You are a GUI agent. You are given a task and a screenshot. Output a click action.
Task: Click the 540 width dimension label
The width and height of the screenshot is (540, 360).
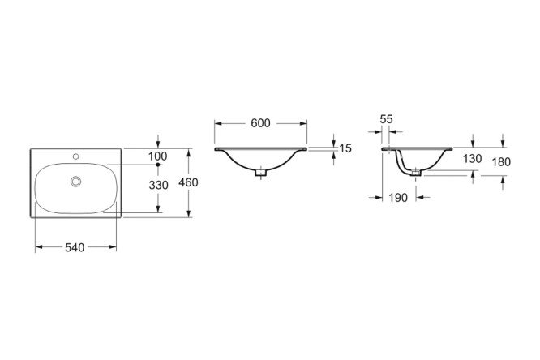(x=75, y=247)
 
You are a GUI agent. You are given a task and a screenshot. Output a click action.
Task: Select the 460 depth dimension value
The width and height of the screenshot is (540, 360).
(x=188, y=182)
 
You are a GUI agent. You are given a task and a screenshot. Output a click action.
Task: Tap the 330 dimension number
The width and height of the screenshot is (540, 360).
(x=158, y=186)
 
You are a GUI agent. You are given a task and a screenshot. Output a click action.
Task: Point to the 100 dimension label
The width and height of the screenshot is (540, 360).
(x=158, y=156)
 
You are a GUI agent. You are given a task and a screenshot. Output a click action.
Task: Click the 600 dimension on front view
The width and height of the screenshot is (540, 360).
(x=261, y=123)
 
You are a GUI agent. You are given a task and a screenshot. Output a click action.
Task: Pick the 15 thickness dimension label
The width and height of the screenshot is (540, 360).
(x=345, y=148)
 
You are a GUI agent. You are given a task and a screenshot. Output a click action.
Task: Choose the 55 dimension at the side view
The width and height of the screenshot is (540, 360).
(x=386, y=119)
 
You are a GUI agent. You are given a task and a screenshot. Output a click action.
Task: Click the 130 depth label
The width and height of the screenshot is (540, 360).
(x=472, y=159)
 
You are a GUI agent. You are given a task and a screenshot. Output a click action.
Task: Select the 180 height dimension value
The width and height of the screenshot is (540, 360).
(x=501, y=162)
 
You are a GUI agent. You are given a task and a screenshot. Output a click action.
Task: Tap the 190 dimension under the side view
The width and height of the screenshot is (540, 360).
(x=398, y=198)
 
